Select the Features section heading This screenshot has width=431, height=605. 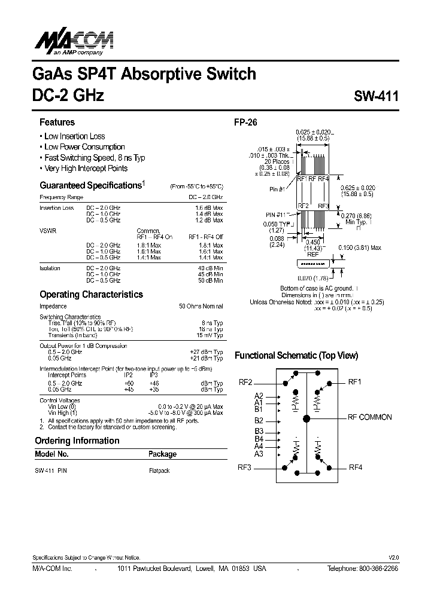click(57, 123)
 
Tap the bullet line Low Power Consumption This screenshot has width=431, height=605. click(84, 147)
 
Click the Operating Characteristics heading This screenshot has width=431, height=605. click(91, 295)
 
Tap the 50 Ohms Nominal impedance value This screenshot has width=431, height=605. click(201, 306)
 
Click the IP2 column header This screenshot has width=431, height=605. click(128, 375)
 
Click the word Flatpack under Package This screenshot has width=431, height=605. click(159, 470)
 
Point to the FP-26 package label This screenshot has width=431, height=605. click(245, 123)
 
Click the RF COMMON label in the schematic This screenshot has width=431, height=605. click(370, 417)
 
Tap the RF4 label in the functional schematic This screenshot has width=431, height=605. click(356, 467)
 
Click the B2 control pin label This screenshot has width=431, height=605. click(259, 421)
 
